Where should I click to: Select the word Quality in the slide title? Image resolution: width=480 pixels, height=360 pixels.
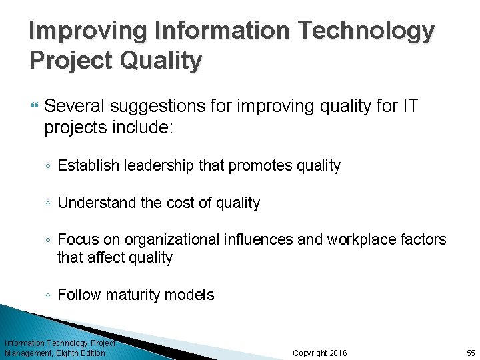[160, 61]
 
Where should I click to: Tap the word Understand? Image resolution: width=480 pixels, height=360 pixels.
[97, 203]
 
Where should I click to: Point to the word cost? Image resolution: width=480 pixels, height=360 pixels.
[179, 203]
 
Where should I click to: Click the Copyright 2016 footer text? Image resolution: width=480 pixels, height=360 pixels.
[320, 353]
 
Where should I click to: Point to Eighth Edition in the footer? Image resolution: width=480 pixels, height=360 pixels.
[81, 353]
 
